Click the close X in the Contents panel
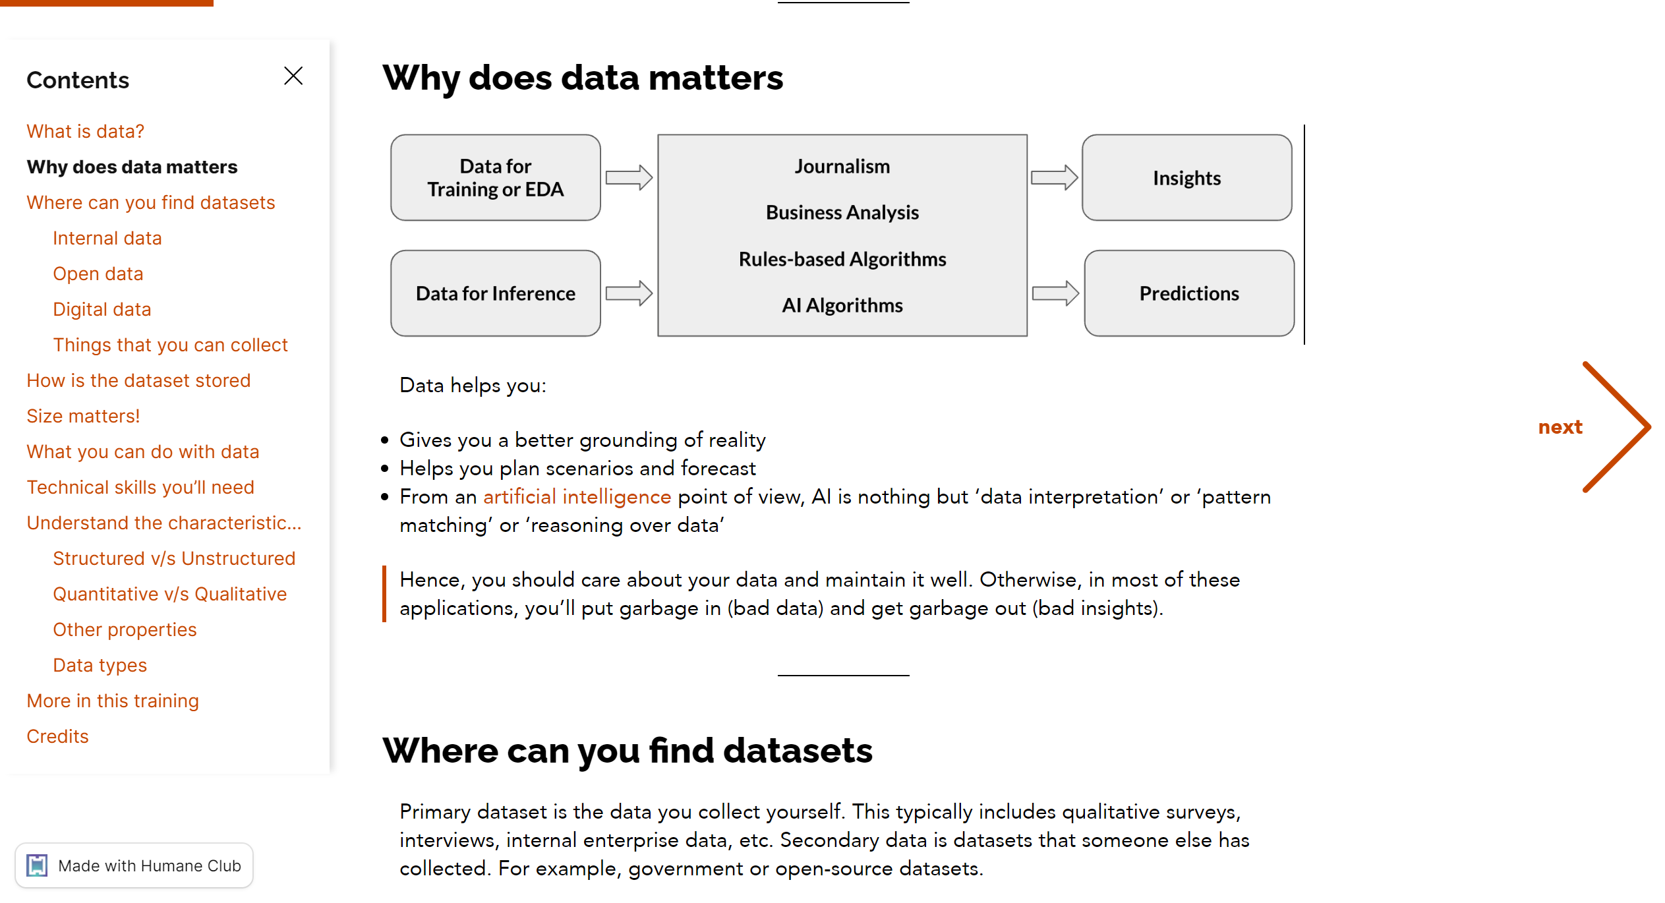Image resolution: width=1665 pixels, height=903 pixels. coord(293,76)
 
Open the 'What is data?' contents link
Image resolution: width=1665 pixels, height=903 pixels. coord(85,131)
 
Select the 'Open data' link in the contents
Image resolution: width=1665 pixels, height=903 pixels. coord(98,274)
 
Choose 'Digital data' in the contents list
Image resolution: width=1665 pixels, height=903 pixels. coord(102,309)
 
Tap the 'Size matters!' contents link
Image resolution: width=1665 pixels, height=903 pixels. coord(83,416)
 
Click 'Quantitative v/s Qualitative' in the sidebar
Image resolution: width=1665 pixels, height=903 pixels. coord(169,594)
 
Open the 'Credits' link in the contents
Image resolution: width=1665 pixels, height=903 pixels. coord(57,736)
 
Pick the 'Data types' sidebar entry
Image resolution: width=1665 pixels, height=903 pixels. coord(100,665)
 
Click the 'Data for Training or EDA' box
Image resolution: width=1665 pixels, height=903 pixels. coord(496,177)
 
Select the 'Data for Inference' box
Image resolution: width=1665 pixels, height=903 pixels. coord(496,293)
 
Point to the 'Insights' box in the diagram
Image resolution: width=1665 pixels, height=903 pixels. coord(1187,177)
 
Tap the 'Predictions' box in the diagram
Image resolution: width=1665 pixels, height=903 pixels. coord(1189,293)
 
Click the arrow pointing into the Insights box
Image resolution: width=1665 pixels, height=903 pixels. coord(1055,177)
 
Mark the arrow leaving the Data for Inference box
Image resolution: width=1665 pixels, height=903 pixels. coord(629,293)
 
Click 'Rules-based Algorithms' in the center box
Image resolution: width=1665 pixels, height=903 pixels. coord(842,259)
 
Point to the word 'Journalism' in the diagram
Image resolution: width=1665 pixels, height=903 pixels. coord(842,166)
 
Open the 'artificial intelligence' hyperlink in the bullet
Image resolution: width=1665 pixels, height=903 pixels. coord(577,496)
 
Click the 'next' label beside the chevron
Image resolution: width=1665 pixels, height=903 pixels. coord(1560,427)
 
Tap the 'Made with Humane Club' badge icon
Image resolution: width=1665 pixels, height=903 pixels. coord(37,865)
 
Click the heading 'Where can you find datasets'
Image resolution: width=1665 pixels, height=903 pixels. coord(628,750)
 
